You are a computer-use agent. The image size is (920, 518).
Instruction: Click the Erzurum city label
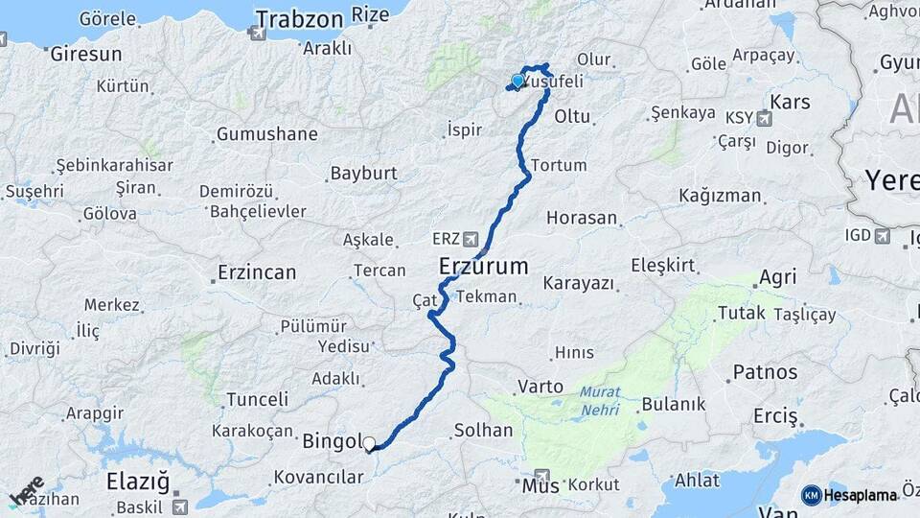[484, 266]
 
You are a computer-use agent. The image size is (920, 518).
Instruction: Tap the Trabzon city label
[299, 18]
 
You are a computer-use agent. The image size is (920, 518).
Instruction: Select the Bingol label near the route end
[330, 442]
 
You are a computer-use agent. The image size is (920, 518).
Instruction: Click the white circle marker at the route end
[369, 443]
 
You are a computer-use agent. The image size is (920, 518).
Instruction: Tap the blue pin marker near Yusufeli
[517, 82]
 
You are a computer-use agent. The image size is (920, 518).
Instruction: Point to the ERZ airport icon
[471, 238]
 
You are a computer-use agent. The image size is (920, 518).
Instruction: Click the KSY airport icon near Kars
[764, 118]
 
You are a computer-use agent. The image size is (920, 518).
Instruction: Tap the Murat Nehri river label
[599, 402]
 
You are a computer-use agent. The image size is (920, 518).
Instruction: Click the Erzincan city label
[257, 272]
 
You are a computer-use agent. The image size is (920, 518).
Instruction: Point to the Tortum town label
[559, 165]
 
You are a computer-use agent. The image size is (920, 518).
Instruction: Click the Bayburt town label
[363, 174]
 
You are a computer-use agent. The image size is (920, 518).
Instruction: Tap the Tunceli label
[257, 399]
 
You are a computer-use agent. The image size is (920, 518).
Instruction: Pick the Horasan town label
[582, 218]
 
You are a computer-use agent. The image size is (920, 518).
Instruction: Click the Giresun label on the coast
[85, 54]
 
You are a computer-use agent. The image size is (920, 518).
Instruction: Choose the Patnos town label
[765, 371]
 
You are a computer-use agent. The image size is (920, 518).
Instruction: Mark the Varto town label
[540, 387]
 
